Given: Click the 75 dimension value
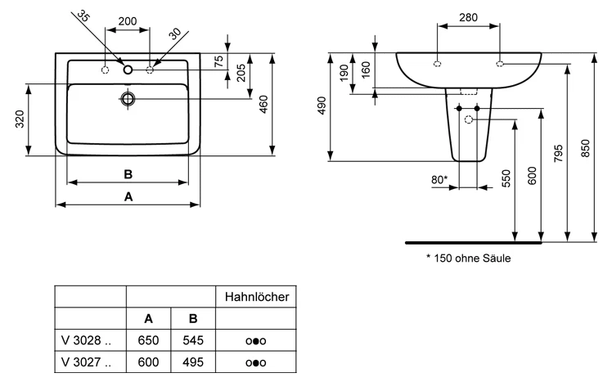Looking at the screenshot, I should pos(219,61).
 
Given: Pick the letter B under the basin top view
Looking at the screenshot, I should pos(128,173).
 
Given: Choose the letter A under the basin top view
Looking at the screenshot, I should pos(128,196).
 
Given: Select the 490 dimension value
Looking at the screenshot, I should pos(322,106).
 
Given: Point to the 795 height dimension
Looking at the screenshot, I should pos(558,154).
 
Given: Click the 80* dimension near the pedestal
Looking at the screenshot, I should pos(439,179).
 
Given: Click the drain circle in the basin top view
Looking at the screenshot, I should pos(128,100).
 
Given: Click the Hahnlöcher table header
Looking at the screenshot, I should pos(257,297).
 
